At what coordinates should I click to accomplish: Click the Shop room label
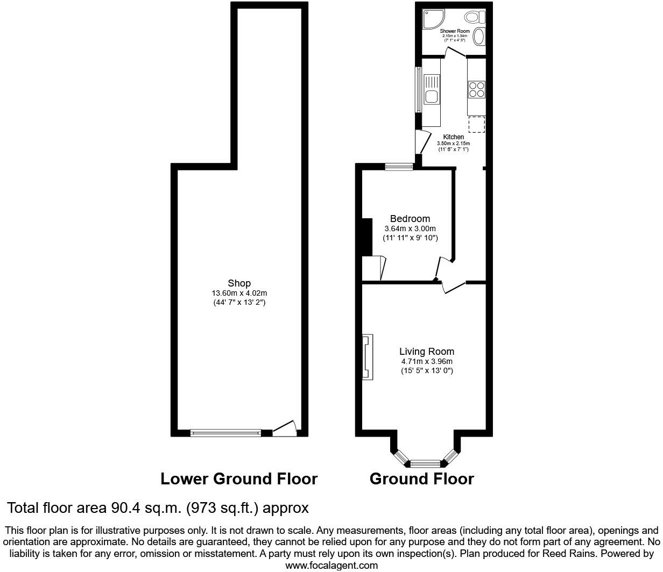(x=239, y=283)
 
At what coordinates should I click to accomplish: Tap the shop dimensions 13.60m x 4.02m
(x=239, y=293)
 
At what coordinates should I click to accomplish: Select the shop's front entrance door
(x=285, y=428)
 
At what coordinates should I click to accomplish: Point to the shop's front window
(x=226, y=432)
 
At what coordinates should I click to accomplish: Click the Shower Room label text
(x=455, y=31)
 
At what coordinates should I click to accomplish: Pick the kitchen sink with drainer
(x=431, y=90)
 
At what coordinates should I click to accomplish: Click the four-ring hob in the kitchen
(x=477, y=89)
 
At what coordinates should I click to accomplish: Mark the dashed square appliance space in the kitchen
(x=476, y=124)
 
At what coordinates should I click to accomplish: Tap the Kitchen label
(x=453, y=137)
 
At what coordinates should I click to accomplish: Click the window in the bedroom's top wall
(x=399, y=167)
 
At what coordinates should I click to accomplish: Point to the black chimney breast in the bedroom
(x=366, y=237)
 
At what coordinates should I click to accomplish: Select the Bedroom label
(x=410, y=219)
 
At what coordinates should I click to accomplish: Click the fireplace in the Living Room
(x=366, y=357)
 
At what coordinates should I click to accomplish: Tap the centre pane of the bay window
(x=425, y=462)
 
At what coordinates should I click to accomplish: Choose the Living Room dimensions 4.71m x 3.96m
(x=426, y=361)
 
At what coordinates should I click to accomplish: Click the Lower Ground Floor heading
(x=239, y=478)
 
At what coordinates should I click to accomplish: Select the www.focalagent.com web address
(x=331, y=565)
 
